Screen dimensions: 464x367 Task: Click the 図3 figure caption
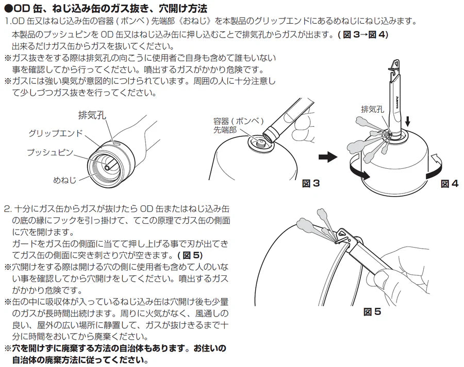311,183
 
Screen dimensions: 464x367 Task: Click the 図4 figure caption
450,184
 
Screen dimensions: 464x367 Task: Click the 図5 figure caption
372,312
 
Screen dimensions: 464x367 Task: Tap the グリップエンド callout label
56,133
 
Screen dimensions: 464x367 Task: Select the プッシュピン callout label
50,152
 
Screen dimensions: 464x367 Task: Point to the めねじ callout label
64,180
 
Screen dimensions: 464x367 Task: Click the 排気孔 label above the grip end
92,115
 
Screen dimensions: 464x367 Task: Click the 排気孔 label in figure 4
373,109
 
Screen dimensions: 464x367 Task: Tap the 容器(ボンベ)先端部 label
239,126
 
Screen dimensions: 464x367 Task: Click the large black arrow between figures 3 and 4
328,157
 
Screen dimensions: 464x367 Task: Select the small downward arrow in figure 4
408,121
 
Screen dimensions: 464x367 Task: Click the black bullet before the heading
8,8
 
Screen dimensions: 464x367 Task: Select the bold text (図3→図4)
363,34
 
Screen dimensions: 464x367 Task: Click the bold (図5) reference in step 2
190,255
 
